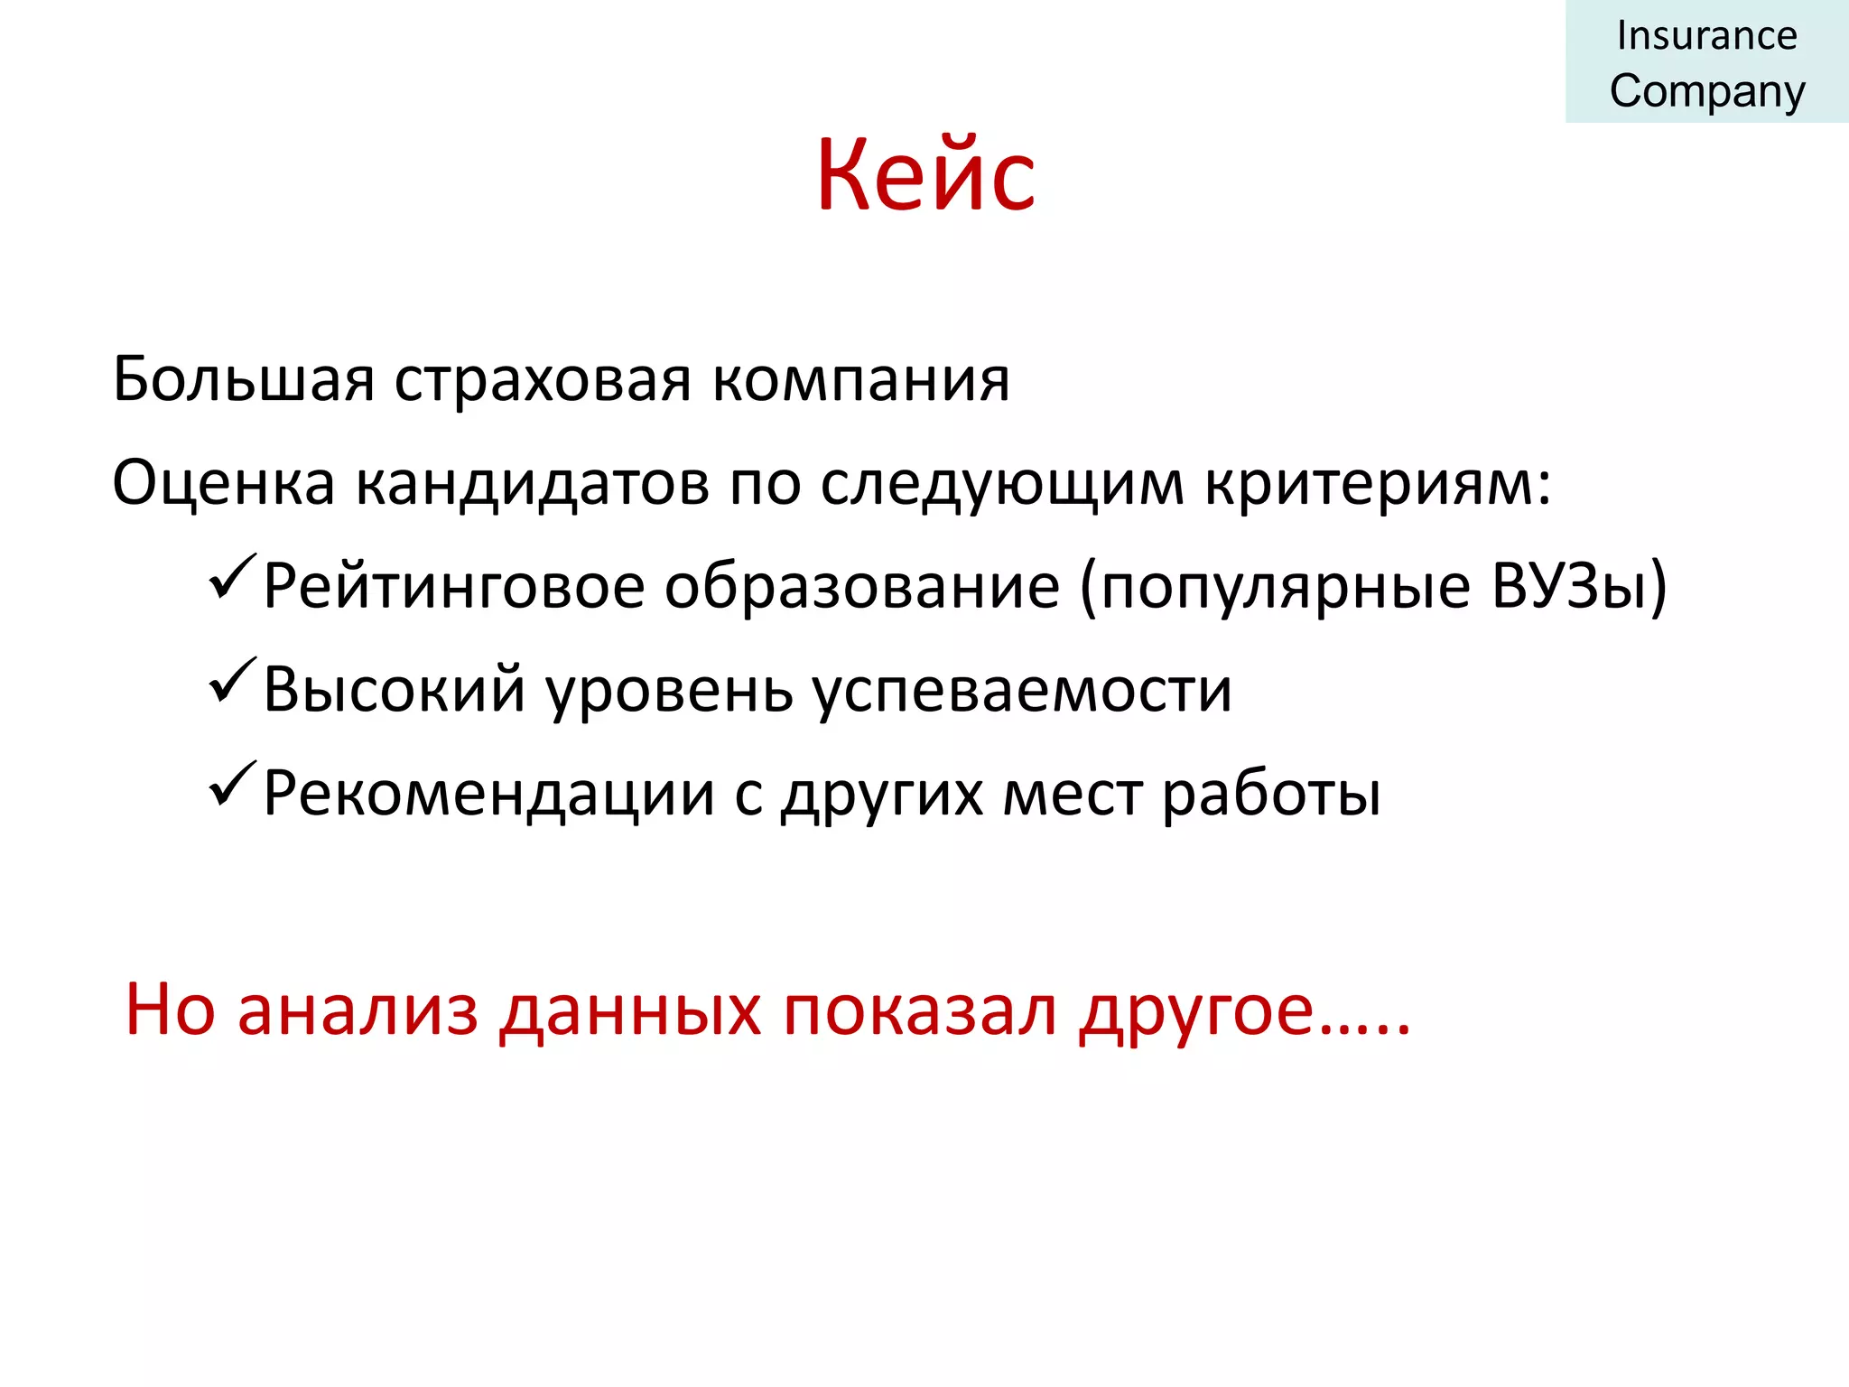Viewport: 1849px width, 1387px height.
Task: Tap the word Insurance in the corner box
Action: point(1706,36)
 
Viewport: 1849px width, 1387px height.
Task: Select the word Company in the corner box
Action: point(1707,92)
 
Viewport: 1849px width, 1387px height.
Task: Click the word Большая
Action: point(244,379)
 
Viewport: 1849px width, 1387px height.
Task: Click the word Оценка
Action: point(223,483)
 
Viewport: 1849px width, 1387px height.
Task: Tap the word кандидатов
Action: point(533,484)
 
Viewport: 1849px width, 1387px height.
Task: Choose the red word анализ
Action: point(358,1010)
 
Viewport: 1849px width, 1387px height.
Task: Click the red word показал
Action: point(920,1010)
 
